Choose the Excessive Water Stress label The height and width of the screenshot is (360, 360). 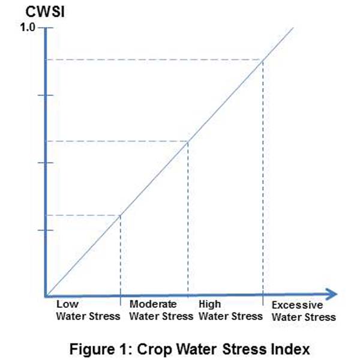point(303,311)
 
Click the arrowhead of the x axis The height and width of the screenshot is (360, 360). point(332,294)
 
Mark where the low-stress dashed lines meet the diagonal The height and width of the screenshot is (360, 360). point(121,215)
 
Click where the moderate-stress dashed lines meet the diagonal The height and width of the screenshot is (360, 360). point(188,141)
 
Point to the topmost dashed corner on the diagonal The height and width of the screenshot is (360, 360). point(263,59)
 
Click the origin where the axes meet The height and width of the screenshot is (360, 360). point(46,294)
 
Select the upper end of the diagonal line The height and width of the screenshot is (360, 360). point(293,28)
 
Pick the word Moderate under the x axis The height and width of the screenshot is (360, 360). point(153,305)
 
